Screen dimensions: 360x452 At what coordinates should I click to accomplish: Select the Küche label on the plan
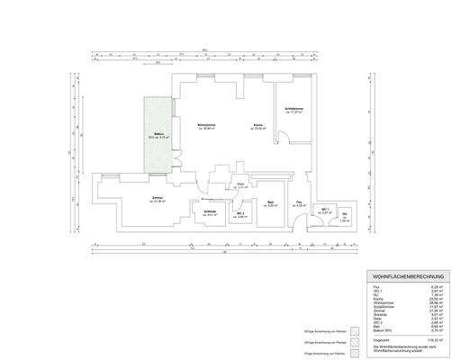[258, 125]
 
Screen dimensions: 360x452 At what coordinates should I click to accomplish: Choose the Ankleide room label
[210, 212]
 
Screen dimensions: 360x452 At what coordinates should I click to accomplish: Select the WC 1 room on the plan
[327, 211]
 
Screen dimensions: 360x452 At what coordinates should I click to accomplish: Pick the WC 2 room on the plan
[240, 214]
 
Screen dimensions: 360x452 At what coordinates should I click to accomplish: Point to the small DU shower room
[345, 217]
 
